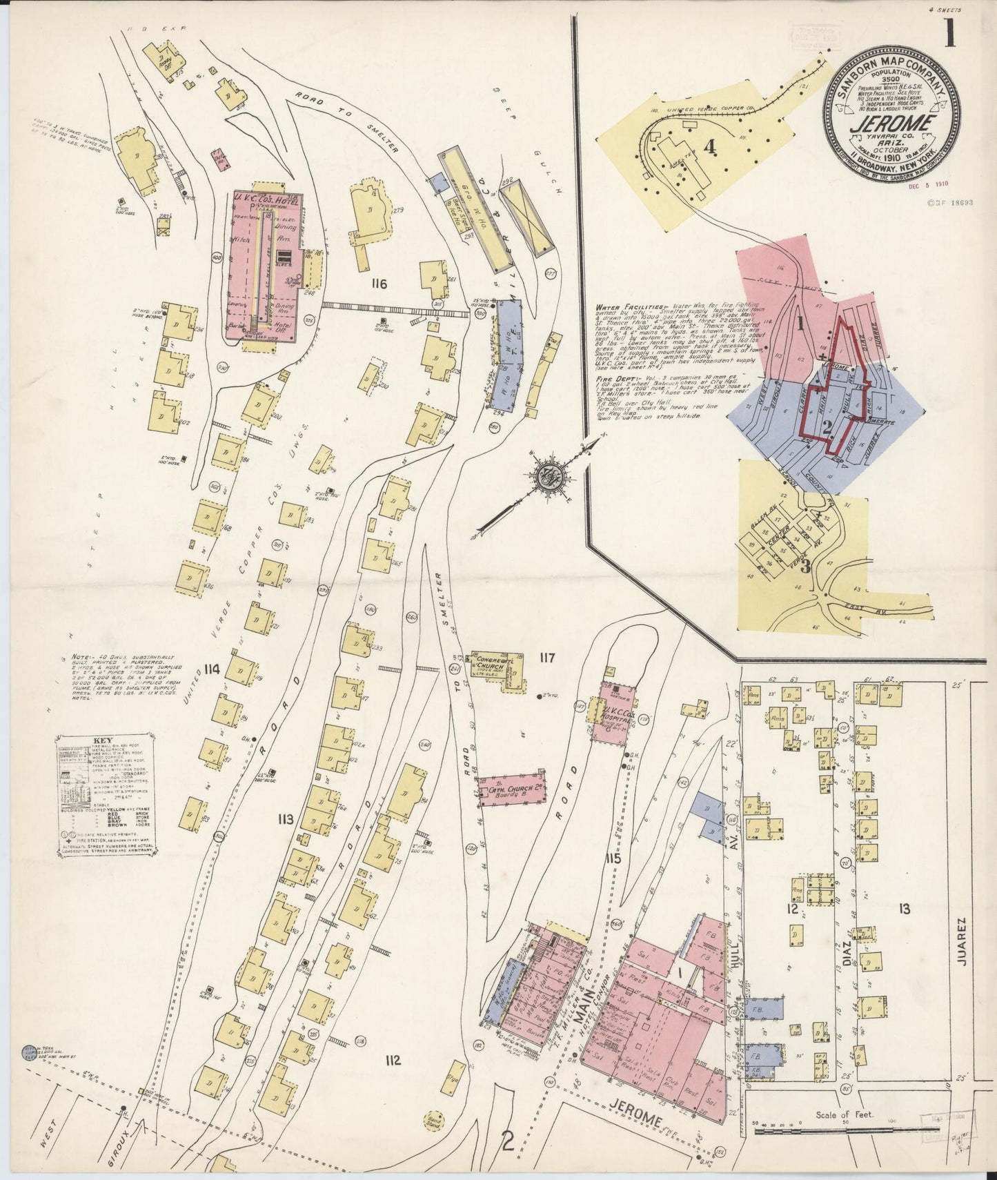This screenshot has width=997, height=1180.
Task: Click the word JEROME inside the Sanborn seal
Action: pos(892,126)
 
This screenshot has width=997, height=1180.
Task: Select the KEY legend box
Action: pos(106,795)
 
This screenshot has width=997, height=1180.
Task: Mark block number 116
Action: pos(378,283)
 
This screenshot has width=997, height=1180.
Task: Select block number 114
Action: pos(212,669)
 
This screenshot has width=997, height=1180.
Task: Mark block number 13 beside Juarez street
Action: pos(904,909)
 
